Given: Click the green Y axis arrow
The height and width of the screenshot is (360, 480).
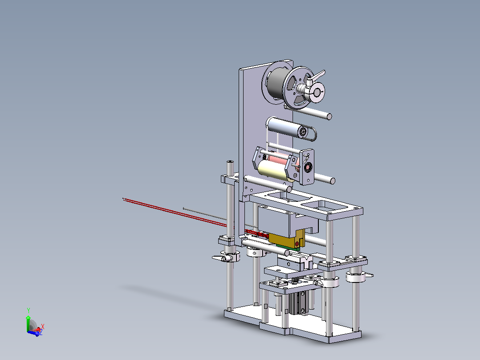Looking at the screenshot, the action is (28, 322).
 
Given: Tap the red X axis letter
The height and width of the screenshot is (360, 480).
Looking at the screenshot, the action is (43, 327).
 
